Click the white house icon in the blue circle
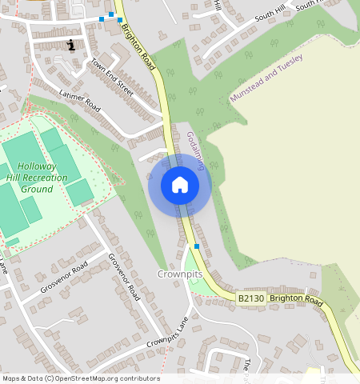pyautogui.click(x=180, y=185)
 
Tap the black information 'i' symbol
pyautogui.click(x=72, y=45)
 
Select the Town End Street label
pyautogui.click(x=112, y=77)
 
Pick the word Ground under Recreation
pyautogui.click(x=37, y=189)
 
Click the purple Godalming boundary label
pyautogui.click(x=196, y=150)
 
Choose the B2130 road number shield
pyautogui.click(x=251, y=298)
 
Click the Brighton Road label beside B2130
pyautogui.click(x=295, y=300)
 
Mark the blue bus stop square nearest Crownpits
pyautogui.click(x=197, y=247)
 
